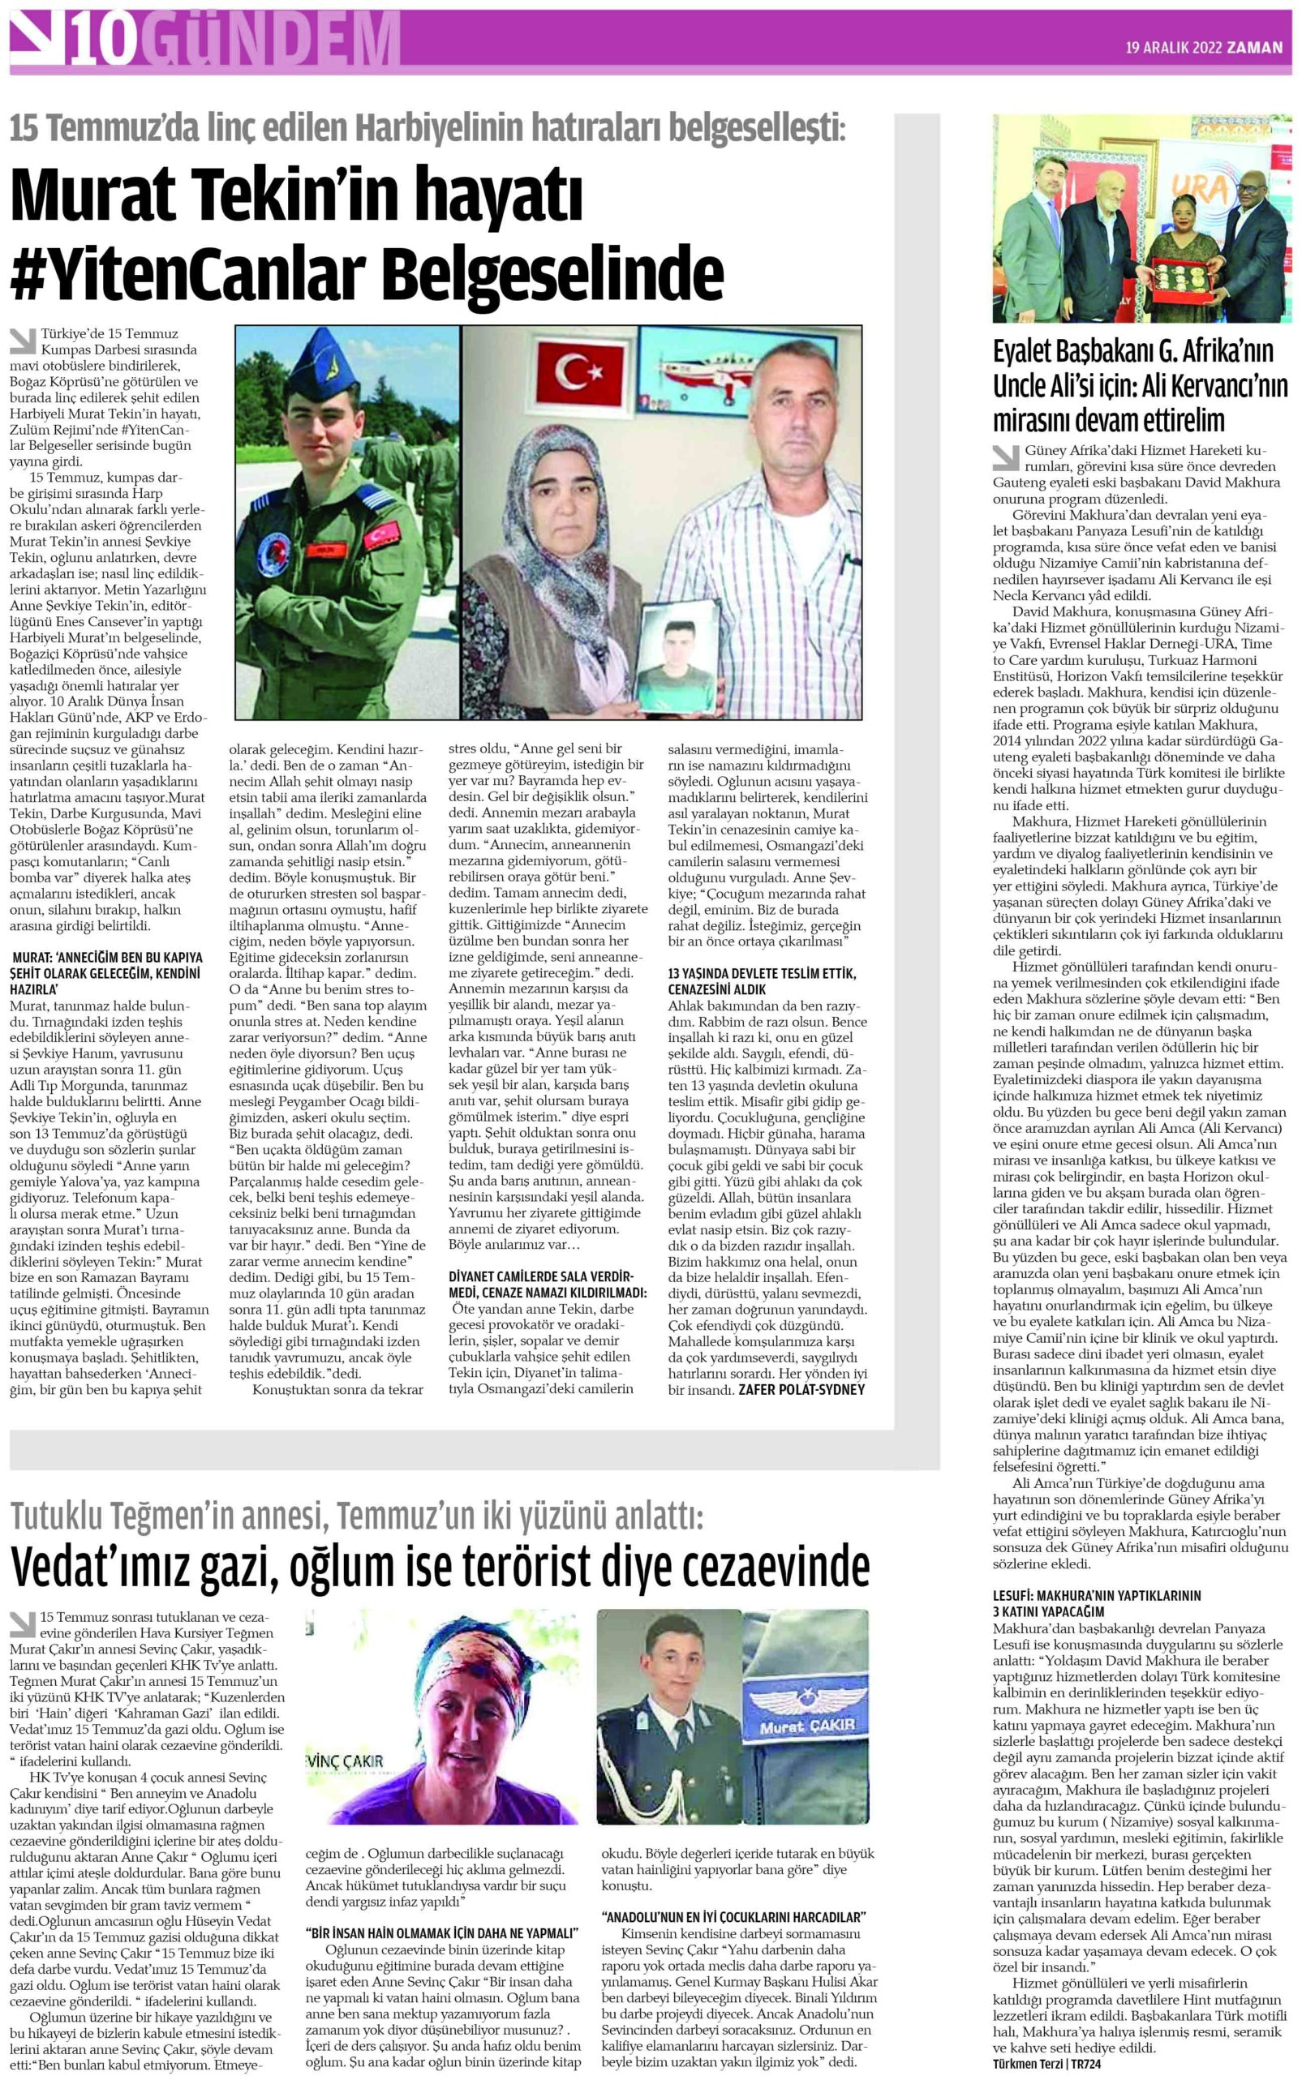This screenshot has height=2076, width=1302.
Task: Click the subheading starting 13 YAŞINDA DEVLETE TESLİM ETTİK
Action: coord(761,981)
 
